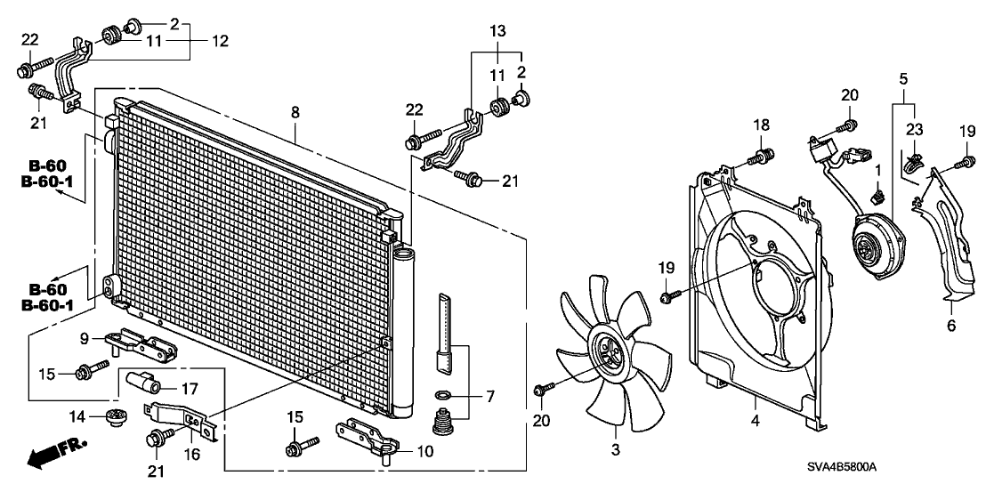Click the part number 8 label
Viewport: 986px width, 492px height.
[295, 113]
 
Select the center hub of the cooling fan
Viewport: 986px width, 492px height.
[603, 353]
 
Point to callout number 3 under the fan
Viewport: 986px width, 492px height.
[615, 449]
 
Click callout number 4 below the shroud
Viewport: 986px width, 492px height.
[756, 421]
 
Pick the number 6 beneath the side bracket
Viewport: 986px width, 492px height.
[950, 326]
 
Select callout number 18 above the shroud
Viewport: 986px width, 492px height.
[762, 125]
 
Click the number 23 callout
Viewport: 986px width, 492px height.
[914, 131]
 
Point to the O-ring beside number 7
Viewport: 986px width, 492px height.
[442, 395]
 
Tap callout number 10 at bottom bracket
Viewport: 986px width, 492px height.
[416, 452]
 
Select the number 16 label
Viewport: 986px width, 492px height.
[192, 454]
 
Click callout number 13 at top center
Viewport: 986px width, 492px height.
[497, 30]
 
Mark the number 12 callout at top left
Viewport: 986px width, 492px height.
[220, 42]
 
